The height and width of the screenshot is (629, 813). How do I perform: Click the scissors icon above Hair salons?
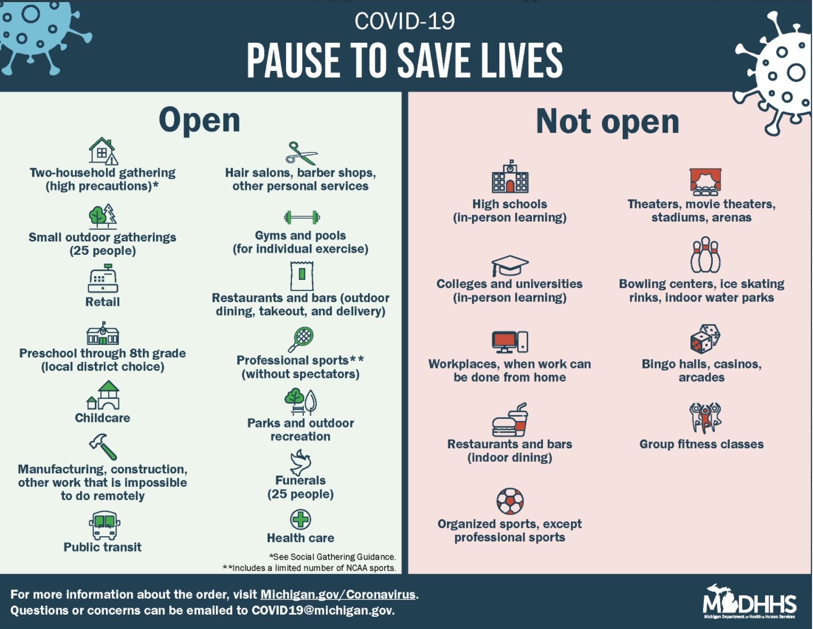click(302, 154)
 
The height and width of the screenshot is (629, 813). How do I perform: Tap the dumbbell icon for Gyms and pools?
click(302, 217)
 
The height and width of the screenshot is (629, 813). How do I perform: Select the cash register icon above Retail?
click(103, 278)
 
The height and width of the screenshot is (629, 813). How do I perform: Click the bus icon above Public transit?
click(104, 525)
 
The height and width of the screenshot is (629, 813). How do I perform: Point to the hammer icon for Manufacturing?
click(103, 447)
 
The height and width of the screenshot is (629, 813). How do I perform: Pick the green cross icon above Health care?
click(300, 519)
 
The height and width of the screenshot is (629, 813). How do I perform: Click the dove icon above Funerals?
click(300, 463)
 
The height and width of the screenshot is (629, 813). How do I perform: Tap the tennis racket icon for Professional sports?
click(300, 340)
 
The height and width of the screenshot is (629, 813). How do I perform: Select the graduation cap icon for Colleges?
click(509, 265)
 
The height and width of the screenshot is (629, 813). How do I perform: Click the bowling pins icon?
click(705, 255)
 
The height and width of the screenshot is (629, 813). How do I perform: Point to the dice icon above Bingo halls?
click(705, 338)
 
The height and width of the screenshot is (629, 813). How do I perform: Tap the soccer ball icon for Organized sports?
click(509, 502)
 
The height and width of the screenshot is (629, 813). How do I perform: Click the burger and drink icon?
click(509, 420)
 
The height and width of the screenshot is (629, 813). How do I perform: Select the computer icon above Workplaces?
click(509, 342)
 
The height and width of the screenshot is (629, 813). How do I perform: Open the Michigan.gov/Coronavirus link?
click(338, 594)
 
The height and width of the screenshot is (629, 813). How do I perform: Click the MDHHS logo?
click(750, 602)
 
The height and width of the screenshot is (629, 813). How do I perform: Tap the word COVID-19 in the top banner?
click(405, 21)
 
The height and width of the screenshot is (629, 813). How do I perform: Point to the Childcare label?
click(102, 417)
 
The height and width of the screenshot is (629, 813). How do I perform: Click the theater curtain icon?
click(705, 182)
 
